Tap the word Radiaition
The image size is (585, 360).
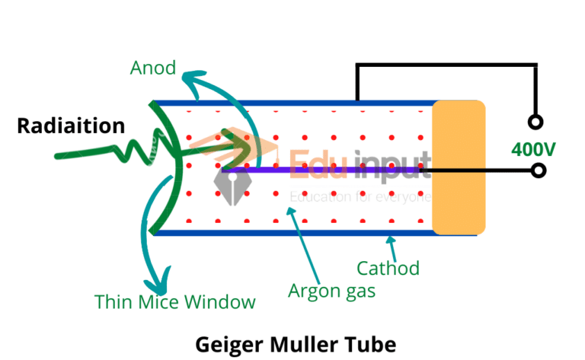71,126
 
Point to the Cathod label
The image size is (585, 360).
388,268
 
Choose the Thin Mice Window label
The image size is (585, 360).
174,302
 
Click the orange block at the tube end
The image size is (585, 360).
459,167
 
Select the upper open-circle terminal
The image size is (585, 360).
536,122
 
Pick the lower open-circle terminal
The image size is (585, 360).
538,170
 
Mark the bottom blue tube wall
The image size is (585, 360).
305,232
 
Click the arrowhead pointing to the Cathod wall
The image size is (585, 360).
391,241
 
